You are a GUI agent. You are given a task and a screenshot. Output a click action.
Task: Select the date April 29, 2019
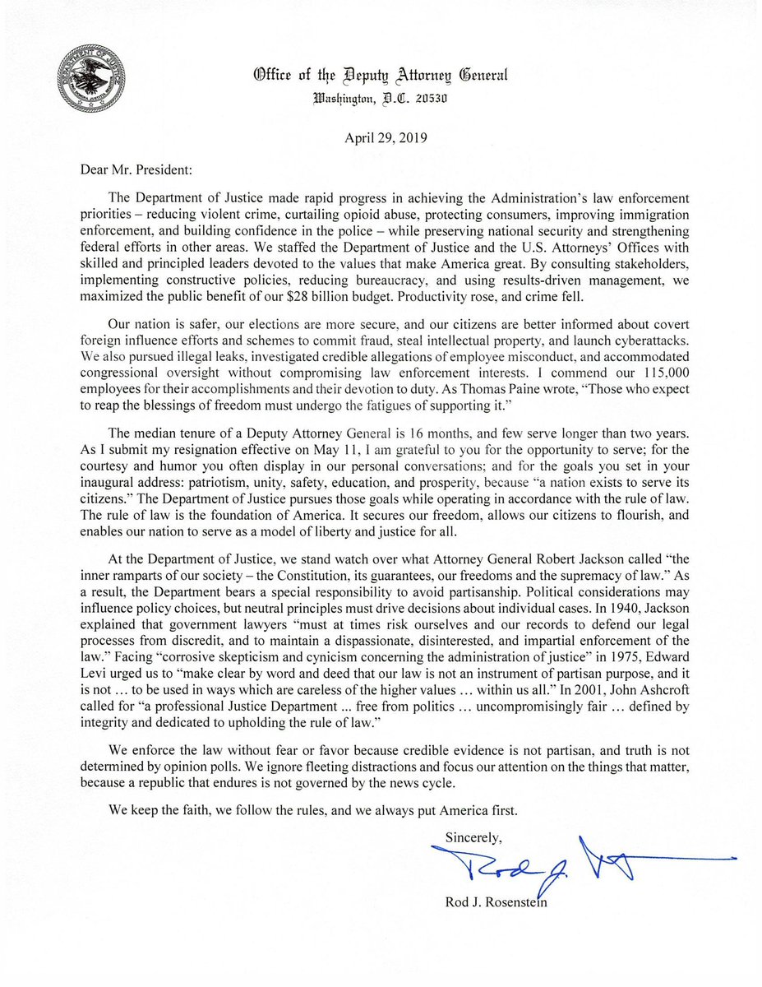pos(381,137)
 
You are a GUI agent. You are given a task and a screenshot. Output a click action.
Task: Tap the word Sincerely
pos(474,836)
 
